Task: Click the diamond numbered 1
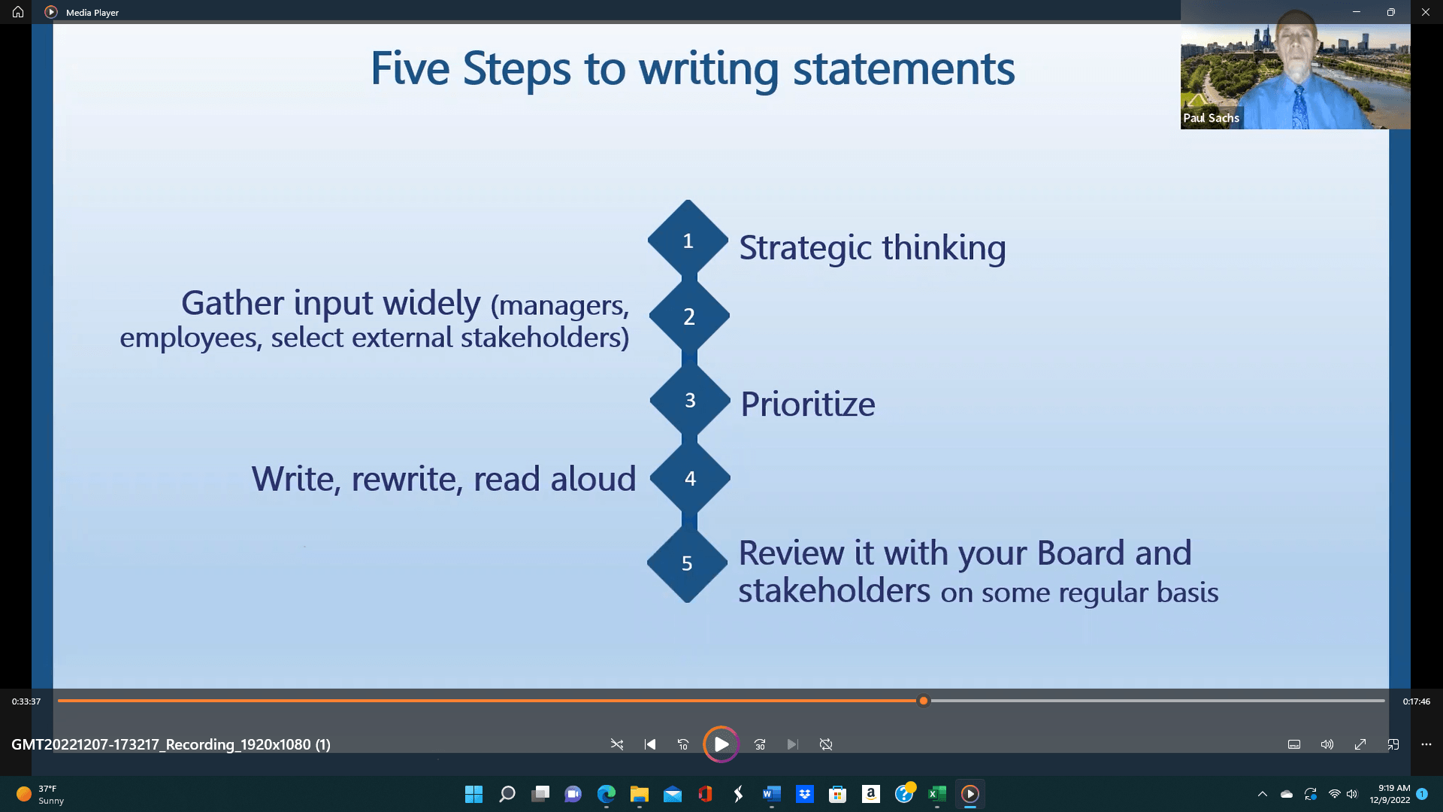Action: [x=688, y=241]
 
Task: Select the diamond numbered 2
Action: [x=689, y=317]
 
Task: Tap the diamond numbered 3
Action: [x=690, y=400]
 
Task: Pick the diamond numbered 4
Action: [x=690, y=478]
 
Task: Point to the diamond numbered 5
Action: [x=687, y=562]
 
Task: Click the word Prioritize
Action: [x=808, y=404]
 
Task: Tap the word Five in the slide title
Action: [x=410, y=68]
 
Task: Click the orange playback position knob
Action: [x=924, y=701]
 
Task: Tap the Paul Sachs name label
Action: [x=1211, y=118]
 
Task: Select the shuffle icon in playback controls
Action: [x=617, y=744]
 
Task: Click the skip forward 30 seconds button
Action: [x=760, y=744]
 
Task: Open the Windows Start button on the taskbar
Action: [x=473, y=794]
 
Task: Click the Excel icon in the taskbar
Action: [x=937, y=794]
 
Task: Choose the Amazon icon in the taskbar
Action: [x=871, y=794]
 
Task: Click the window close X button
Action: [x=1425, y=12]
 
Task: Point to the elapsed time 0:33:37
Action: [x=26, y=701]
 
